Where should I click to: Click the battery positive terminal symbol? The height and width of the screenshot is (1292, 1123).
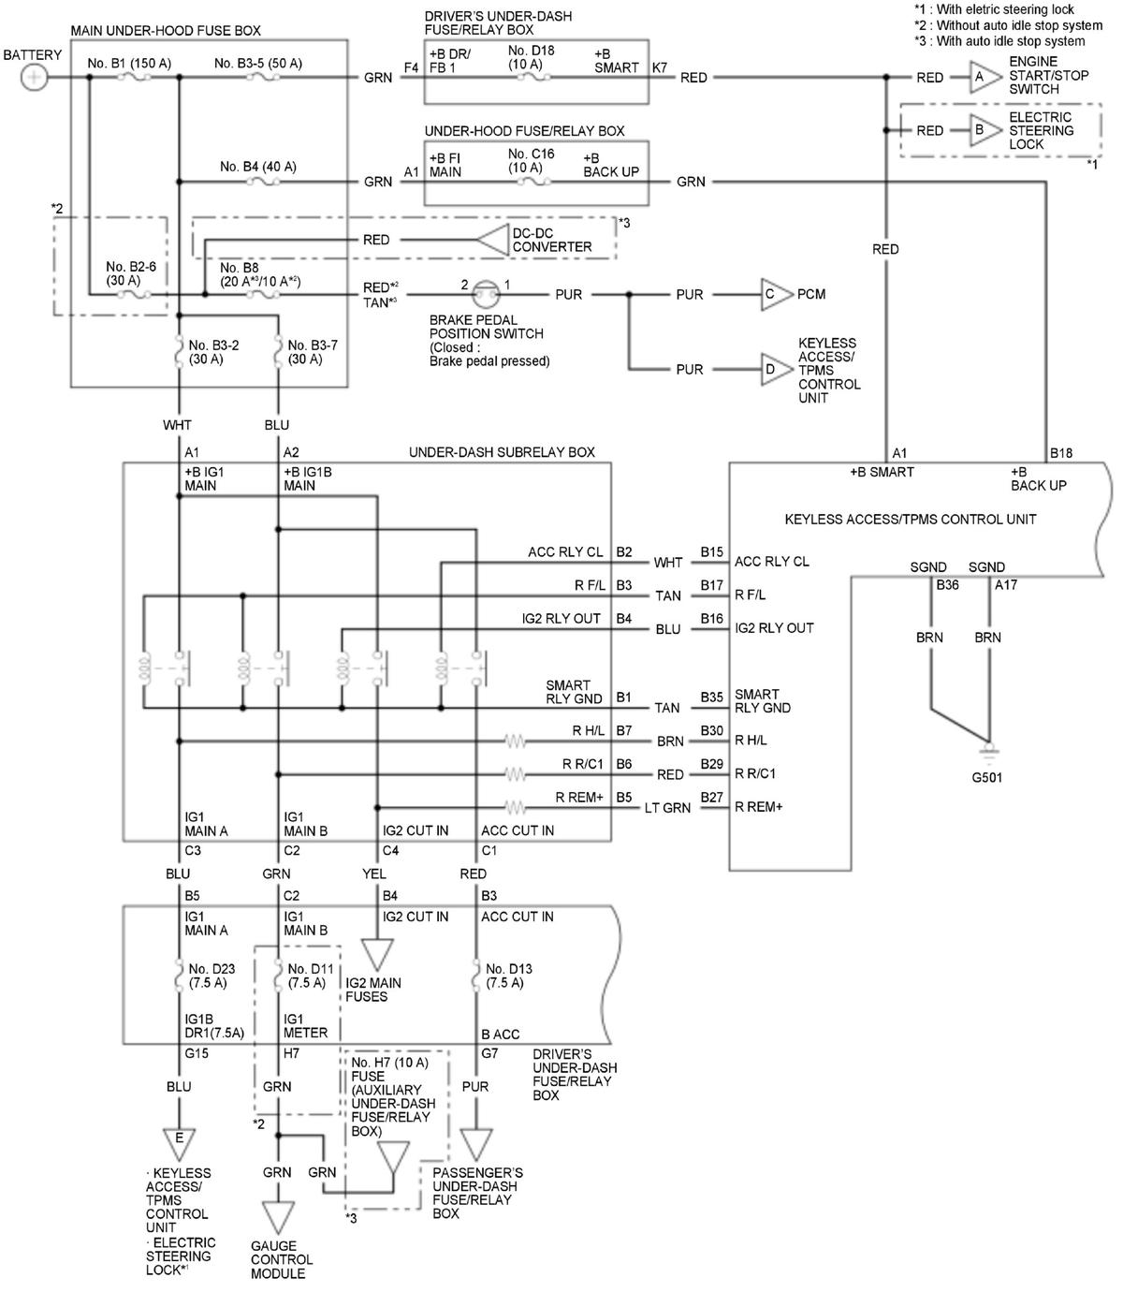point(34,78)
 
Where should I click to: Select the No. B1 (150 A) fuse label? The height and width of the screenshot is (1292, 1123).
point(129,63)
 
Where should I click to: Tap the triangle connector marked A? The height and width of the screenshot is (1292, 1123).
point(984,77)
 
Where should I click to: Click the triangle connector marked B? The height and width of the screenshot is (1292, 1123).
point(984,130)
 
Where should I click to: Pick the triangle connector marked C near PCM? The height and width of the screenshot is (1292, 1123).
point(776,294)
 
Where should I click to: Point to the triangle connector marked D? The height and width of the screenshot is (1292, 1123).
point(776,369)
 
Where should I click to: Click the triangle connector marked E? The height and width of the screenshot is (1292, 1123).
point(180,1143)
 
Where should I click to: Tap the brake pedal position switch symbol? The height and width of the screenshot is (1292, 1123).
point(487,294)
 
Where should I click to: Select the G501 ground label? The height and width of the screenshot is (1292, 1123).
point(986,777)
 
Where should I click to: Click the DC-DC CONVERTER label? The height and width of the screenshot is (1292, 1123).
point(552,240)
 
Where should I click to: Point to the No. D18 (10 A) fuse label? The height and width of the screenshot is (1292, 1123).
point(531,57)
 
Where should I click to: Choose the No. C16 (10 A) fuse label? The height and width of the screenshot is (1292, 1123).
point(531,160)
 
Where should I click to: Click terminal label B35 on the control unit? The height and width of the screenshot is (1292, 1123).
point(711,697)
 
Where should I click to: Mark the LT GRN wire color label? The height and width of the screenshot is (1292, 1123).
point(667,808)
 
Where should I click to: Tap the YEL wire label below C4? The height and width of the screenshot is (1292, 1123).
point(373,874)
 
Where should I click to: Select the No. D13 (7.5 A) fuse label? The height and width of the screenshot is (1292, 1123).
point(508,976)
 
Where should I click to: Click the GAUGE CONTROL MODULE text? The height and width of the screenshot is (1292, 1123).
point(282,1260)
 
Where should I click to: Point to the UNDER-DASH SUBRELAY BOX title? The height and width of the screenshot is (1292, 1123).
point(502,452)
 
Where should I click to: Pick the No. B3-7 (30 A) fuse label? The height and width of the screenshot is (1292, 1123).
point(312,352)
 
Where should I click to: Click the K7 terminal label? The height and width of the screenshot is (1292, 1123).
point(660,67)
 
